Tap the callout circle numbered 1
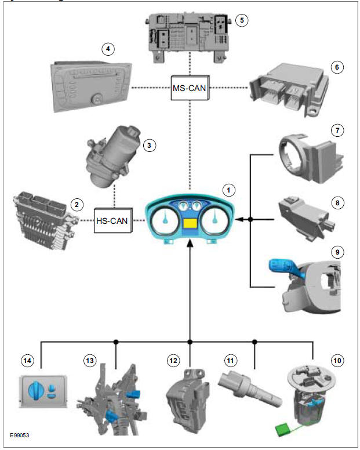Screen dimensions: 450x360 point(230,190)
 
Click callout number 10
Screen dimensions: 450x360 point(336,360)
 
